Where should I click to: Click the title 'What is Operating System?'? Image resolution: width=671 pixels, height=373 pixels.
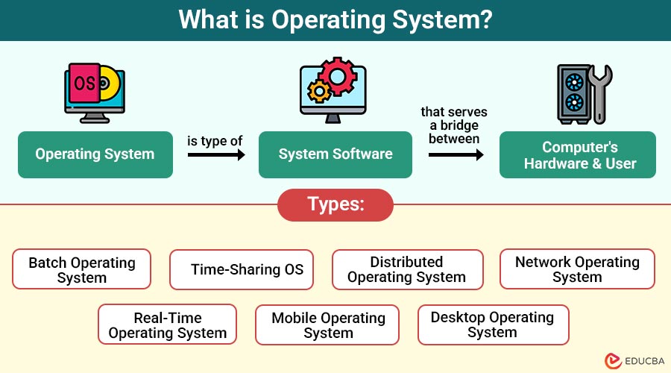(x=335, y=20)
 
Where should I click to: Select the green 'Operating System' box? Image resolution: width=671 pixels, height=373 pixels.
(x=95, y=154)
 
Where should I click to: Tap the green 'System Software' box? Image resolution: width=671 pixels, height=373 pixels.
(x=335, y=154)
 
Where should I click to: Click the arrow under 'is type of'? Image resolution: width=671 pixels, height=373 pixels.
(x=216, y=155)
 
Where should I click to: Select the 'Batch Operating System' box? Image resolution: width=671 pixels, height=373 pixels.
(x=82, y=269)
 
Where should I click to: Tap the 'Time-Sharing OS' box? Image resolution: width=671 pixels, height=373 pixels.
(x=247, y=269)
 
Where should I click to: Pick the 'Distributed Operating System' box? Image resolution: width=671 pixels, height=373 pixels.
(x=407, y=269)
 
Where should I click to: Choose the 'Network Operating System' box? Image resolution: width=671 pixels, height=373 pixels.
(x=577, y=269)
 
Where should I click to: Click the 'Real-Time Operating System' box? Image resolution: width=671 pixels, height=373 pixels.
(x=167, y=325)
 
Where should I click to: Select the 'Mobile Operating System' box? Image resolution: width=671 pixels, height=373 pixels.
(x=328, y=325)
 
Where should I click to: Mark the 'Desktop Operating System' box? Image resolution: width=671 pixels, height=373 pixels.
(x=493, y=325)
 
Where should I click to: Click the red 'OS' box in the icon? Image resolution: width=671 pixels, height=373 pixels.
(x=84, y=84)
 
